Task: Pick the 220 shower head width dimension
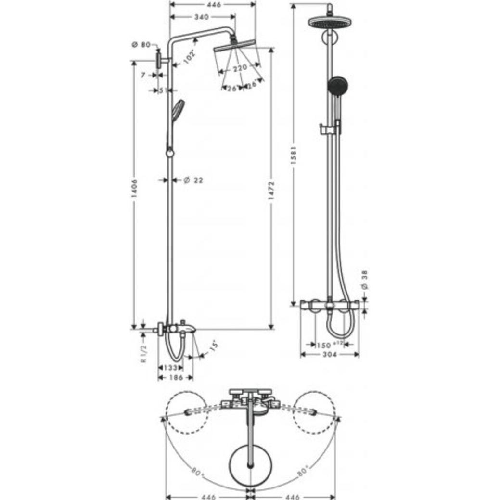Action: (239, 68)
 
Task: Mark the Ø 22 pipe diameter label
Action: (192, 180)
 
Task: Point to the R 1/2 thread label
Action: (143, 354)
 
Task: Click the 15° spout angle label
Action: (213, 346)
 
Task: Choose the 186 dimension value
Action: (176, 378)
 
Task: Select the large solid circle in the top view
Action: (250, 466)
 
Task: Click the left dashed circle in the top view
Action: (187, 413)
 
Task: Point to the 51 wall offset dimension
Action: (162, 90)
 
